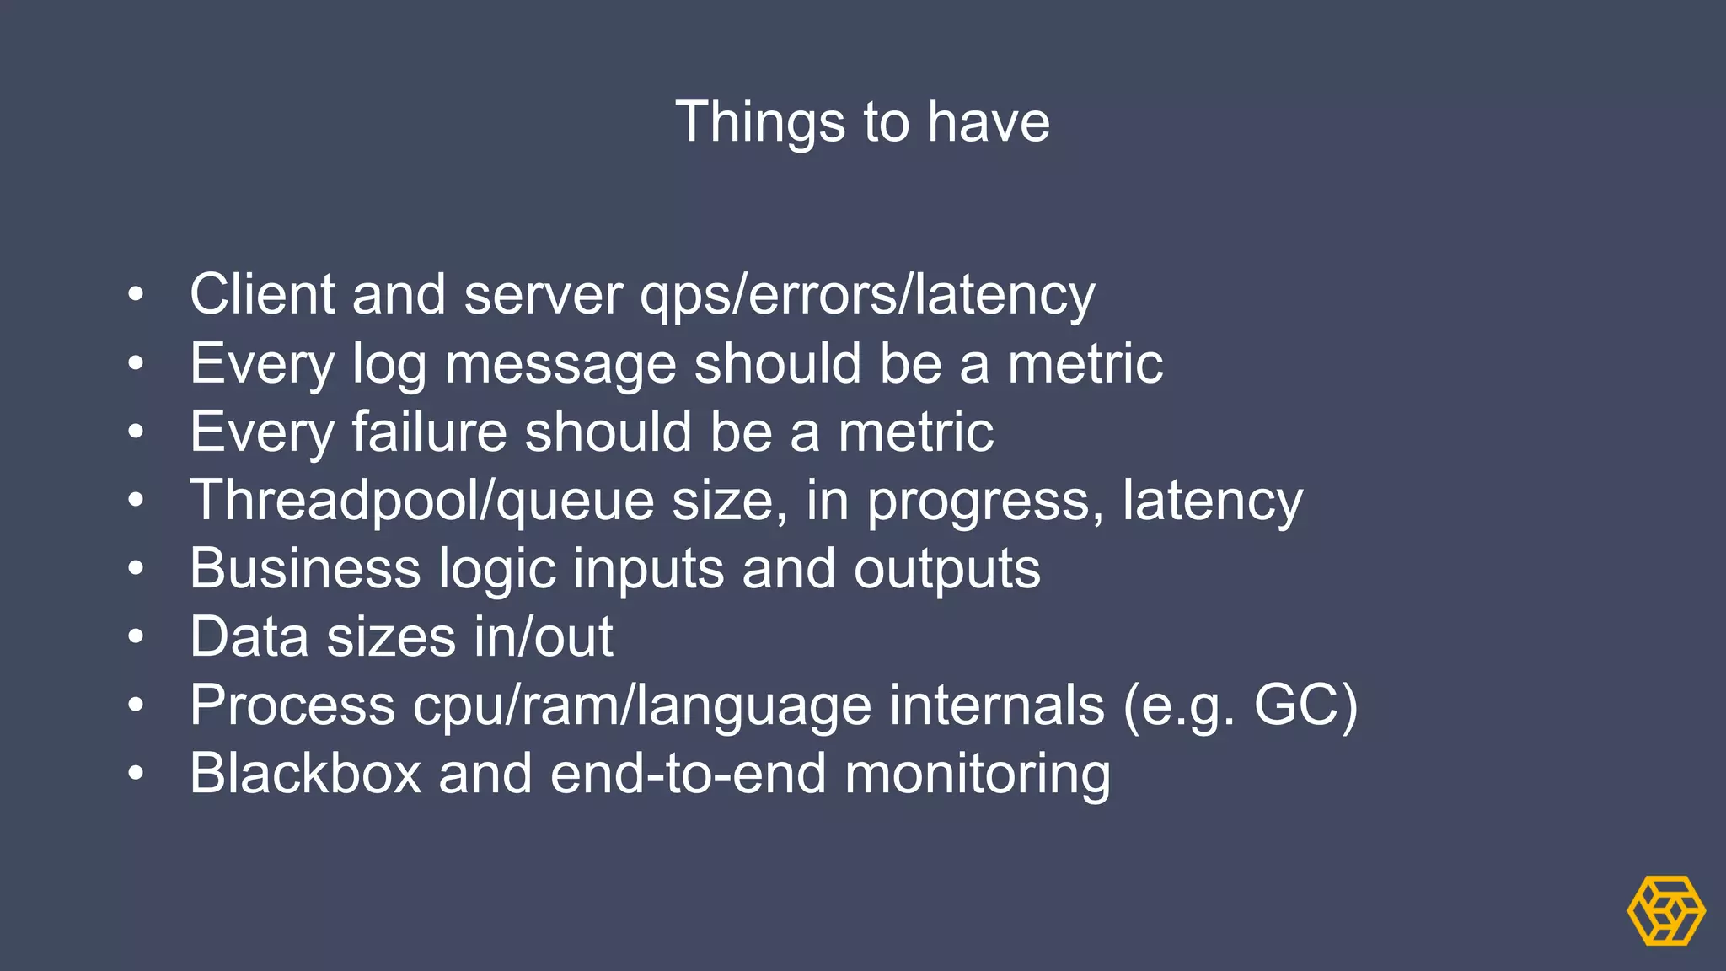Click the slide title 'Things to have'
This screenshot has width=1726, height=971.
tap(862, 122)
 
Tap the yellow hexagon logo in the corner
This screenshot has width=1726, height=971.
tap(1665, 910)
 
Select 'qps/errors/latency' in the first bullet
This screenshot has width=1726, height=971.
tap(867, 296)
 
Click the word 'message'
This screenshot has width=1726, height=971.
tap(560, 365)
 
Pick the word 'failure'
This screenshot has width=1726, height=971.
tap(429, 432)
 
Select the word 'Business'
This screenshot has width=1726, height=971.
tap(305, 568)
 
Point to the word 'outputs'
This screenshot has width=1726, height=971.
tap(946, 570)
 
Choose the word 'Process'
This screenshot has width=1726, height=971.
tap(292, 705)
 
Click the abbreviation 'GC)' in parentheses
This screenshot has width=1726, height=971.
tap(1305, 705)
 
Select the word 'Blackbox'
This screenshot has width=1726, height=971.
tap(305, 774)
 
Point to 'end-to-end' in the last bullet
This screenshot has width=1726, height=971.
tap(688, 774)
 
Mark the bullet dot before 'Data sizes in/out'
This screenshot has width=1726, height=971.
tap(136, 637)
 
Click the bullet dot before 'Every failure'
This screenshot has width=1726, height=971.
tap(136, 432)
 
